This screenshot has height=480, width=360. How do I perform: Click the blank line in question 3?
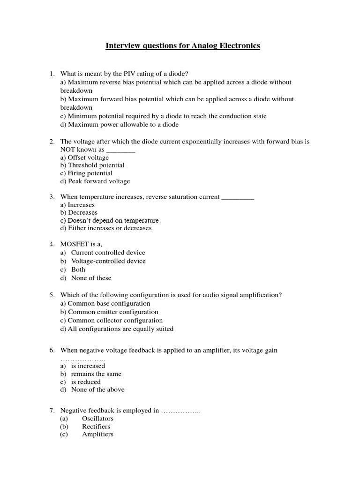point(237,197)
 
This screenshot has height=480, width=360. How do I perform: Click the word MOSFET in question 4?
point(75,244)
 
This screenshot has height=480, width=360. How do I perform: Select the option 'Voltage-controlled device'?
point(108,261)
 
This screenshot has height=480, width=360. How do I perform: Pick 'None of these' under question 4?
point(91,278)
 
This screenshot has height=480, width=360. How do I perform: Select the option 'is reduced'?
point(86,382)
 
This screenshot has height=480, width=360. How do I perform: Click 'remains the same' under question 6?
point(96,374)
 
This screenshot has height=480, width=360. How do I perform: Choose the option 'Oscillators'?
point(97,419)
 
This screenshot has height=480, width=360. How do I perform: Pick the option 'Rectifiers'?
point(96,427)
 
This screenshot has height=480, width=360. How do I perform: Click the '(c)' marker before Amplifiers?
point(64,435)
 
